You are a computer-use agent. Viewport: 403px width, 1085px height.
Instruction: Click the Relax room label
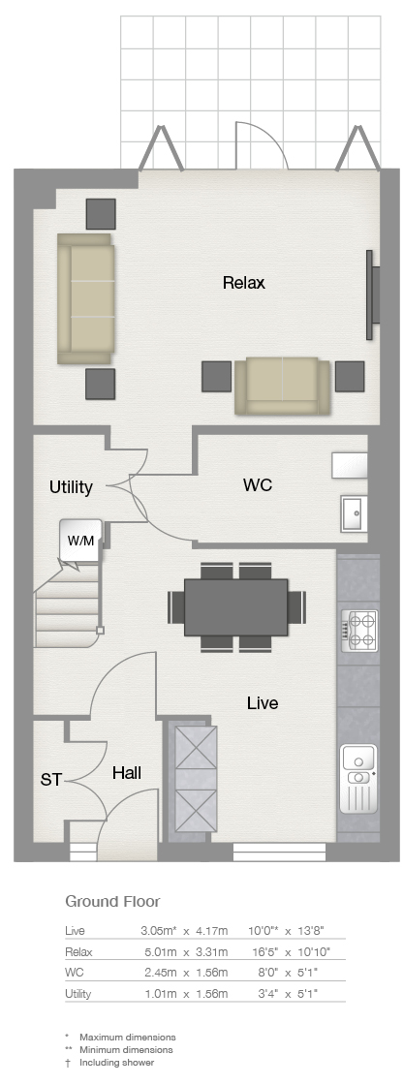coord(244,283)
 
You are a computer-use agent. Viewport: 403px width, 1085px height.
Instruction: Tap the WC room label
coord(258,485)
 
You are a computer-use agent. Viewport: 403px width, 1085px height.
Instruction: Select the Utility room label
coord(71,487)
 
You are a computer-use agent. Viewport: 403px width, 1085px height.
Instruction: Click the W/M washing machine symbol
coord(81,540)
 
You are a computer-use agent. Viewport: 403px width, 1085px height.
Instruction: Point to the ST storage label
coord(50,780)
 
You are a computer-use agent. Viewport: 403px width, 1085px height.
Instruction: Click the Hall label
coord(127,773)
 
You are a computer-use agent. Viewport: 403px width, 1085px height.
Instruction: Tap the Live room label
coord(263,703)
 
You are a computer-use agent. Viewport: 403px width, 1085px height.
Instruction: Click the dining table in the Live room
coord(236,607)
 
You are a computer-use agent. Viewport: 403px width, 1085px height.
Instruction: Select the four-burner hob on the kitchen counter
coord(359,629)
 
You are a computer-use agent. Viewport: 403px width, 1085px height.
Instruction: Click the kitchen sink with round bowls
coord(358,779)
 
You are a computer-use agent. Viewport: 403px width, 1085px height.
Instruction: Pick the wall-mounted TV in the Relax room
coord(372,294)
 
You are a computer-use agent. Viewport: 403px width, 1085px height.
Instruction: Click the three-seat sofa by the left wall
coord(85,299)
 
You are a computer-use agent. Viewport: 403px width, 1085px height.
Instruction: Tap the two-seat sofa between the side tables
coord(283,386)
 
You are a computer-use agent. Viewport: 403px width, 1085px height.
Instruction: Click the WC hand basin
coord(354,513)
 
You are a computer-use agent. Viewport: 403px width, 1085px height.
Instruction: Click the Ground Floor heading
coord(112,901)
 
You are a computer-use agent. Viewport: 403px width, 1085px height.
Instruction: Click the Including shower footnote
coord(117,1062)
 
